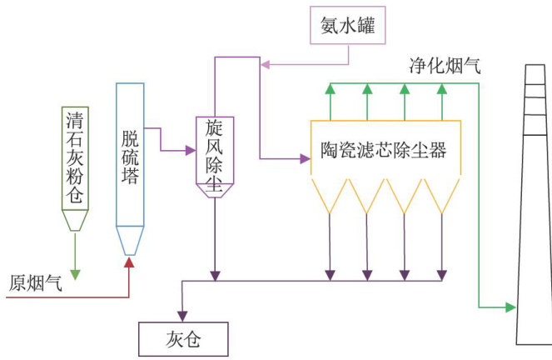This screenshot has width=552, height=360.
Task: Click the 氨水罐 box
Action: click(x=348, y=26)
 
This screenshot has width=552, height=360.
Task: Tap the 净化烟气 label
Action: click(x=443, y=66)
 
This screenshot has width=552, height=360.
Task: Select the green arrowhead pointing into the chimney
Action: click(x=510, y=307)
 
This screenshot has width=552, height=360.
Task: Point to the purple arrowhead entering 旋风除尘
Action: click(x=189, y=151)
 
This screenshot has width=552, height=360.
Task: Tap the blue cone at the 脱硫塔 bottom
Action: click(x=130, y=241)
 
